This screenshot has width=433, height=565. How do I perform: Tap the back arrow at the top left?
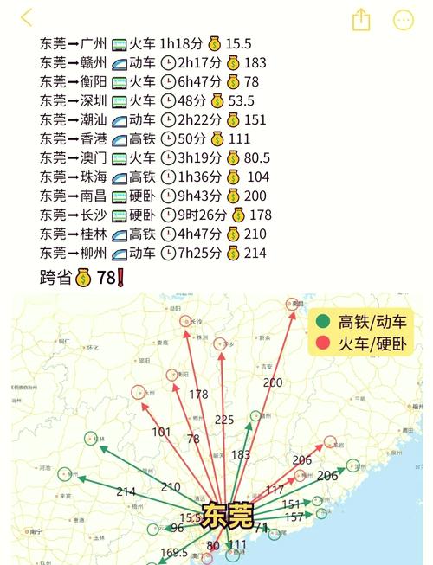click(x=26, y=18)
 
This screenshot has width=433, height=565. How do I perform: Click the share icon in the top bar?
click(x=361, y=20)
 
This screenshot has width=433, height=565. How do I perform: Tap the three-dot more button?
click(x=404, y=20)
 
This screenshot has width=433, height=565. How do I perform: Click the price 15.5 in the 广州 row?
click(x=238, y=43)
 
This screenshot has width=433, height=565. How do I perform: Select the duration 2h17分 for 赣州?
click(x=199, y=62)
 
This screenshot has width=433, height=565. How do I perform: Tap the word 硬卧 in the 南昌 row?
click(x=142, y=196)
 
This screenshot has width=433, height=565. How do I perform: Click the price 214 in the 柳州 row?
click(x=255, y=253)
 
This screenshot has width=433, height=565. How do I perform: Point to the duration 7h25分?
click(x=199, y=253)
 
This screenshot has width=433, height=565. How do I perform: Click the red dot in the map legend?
click(x=323, y=343)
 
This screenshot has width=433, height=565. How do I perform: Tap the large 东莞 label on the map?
click(x=227, y=517)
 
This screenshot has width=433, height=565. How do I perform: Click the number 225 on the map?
click(x=224, y=421)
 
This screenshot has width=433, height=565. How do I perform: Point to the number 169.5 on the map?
click(x=174, y=552)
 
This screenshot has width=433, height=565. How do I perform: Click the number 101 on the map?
click(x=161, y=432)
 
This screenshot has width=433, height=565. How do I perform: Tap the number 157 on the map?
click(x=294, y=517)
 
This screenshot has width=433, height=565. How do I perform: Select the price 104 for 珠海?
click(x=258, y=177)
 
